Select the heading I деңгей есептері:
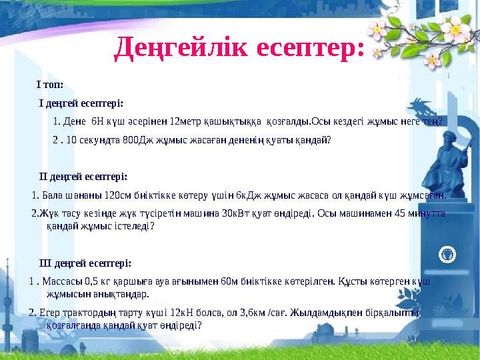(x=81, y=103)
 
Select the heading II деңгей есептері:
(x=83, y=176)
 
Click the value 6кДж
(x=237, y=195)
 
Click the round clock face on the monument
(x=447, y=253)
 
